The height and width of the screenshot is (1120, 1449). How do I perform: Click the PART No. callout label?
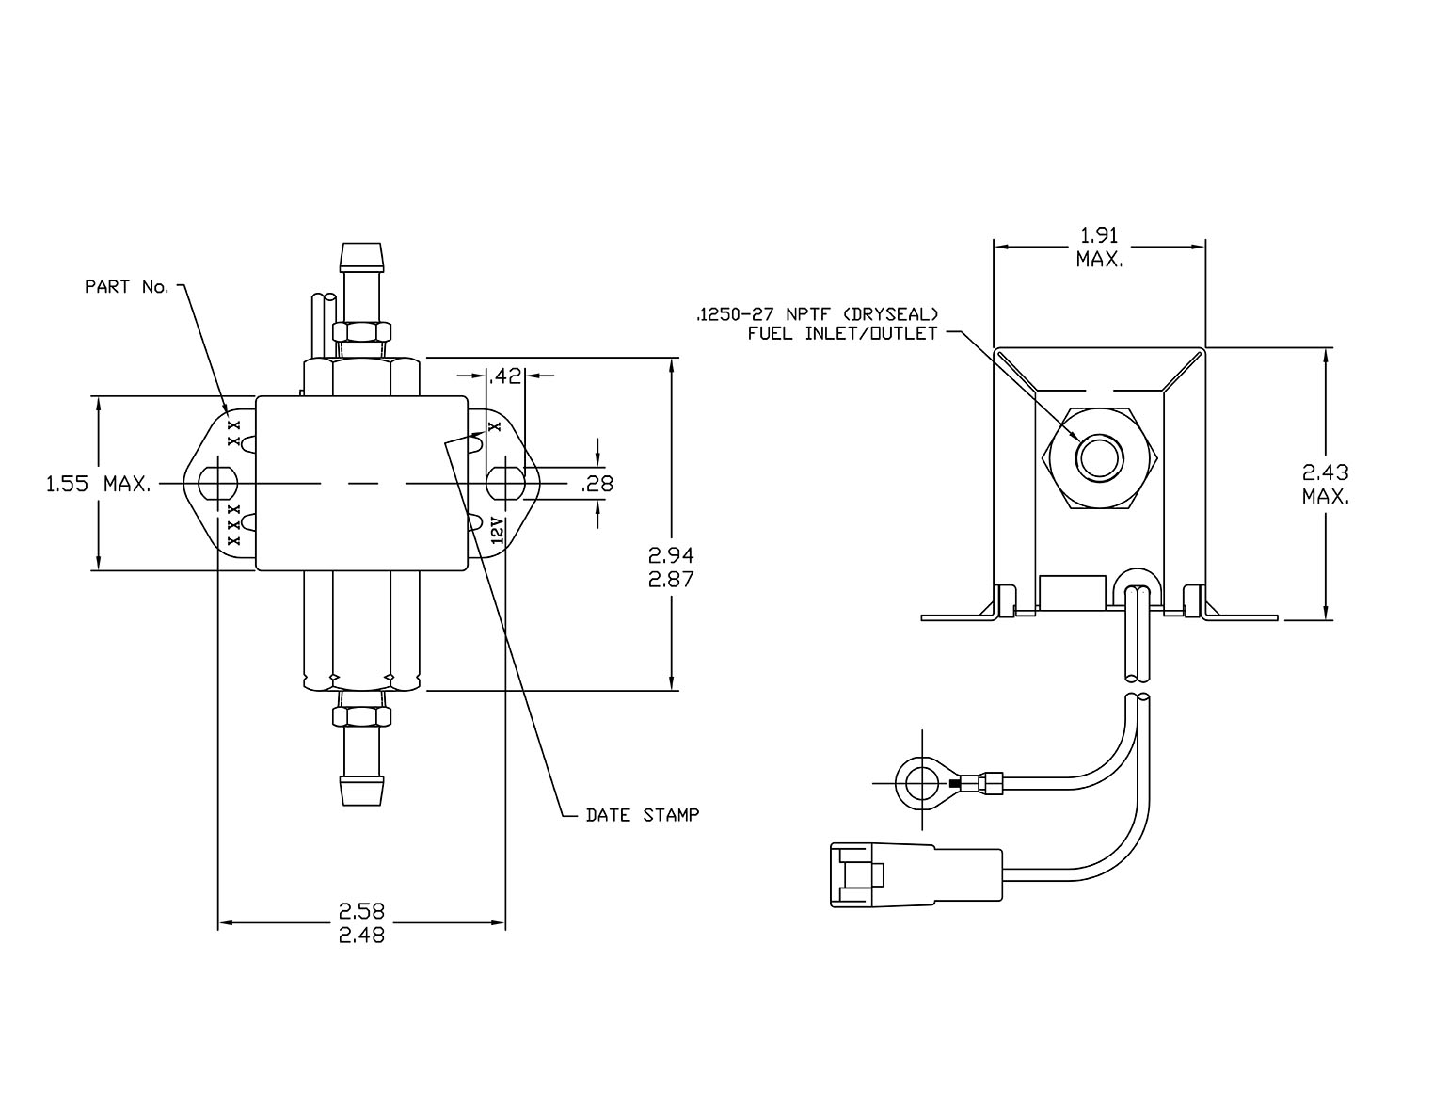click(127, 287)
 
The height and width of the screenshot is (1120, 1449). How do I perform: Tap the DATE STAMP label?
click(643, 815)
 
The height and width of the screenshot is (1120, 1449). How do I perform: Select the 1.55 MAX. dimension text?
click(99, 484)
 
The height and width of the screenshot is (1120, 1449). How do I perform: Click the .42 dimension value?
click(504, 376)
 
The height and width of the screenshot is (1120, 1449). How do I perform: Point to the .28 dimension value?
click(597, 485)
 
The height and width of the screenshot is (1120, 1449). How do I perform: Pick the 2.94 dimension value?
click(672, 555)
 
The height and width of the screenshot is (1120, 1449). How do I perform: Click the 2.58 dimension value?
click(362, 910)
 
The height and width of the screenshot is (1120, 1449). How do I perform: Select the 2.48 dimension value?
click(362, 936)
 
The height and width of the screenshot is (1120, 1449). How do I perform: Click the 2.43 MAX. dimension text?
click(1326, 485)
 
